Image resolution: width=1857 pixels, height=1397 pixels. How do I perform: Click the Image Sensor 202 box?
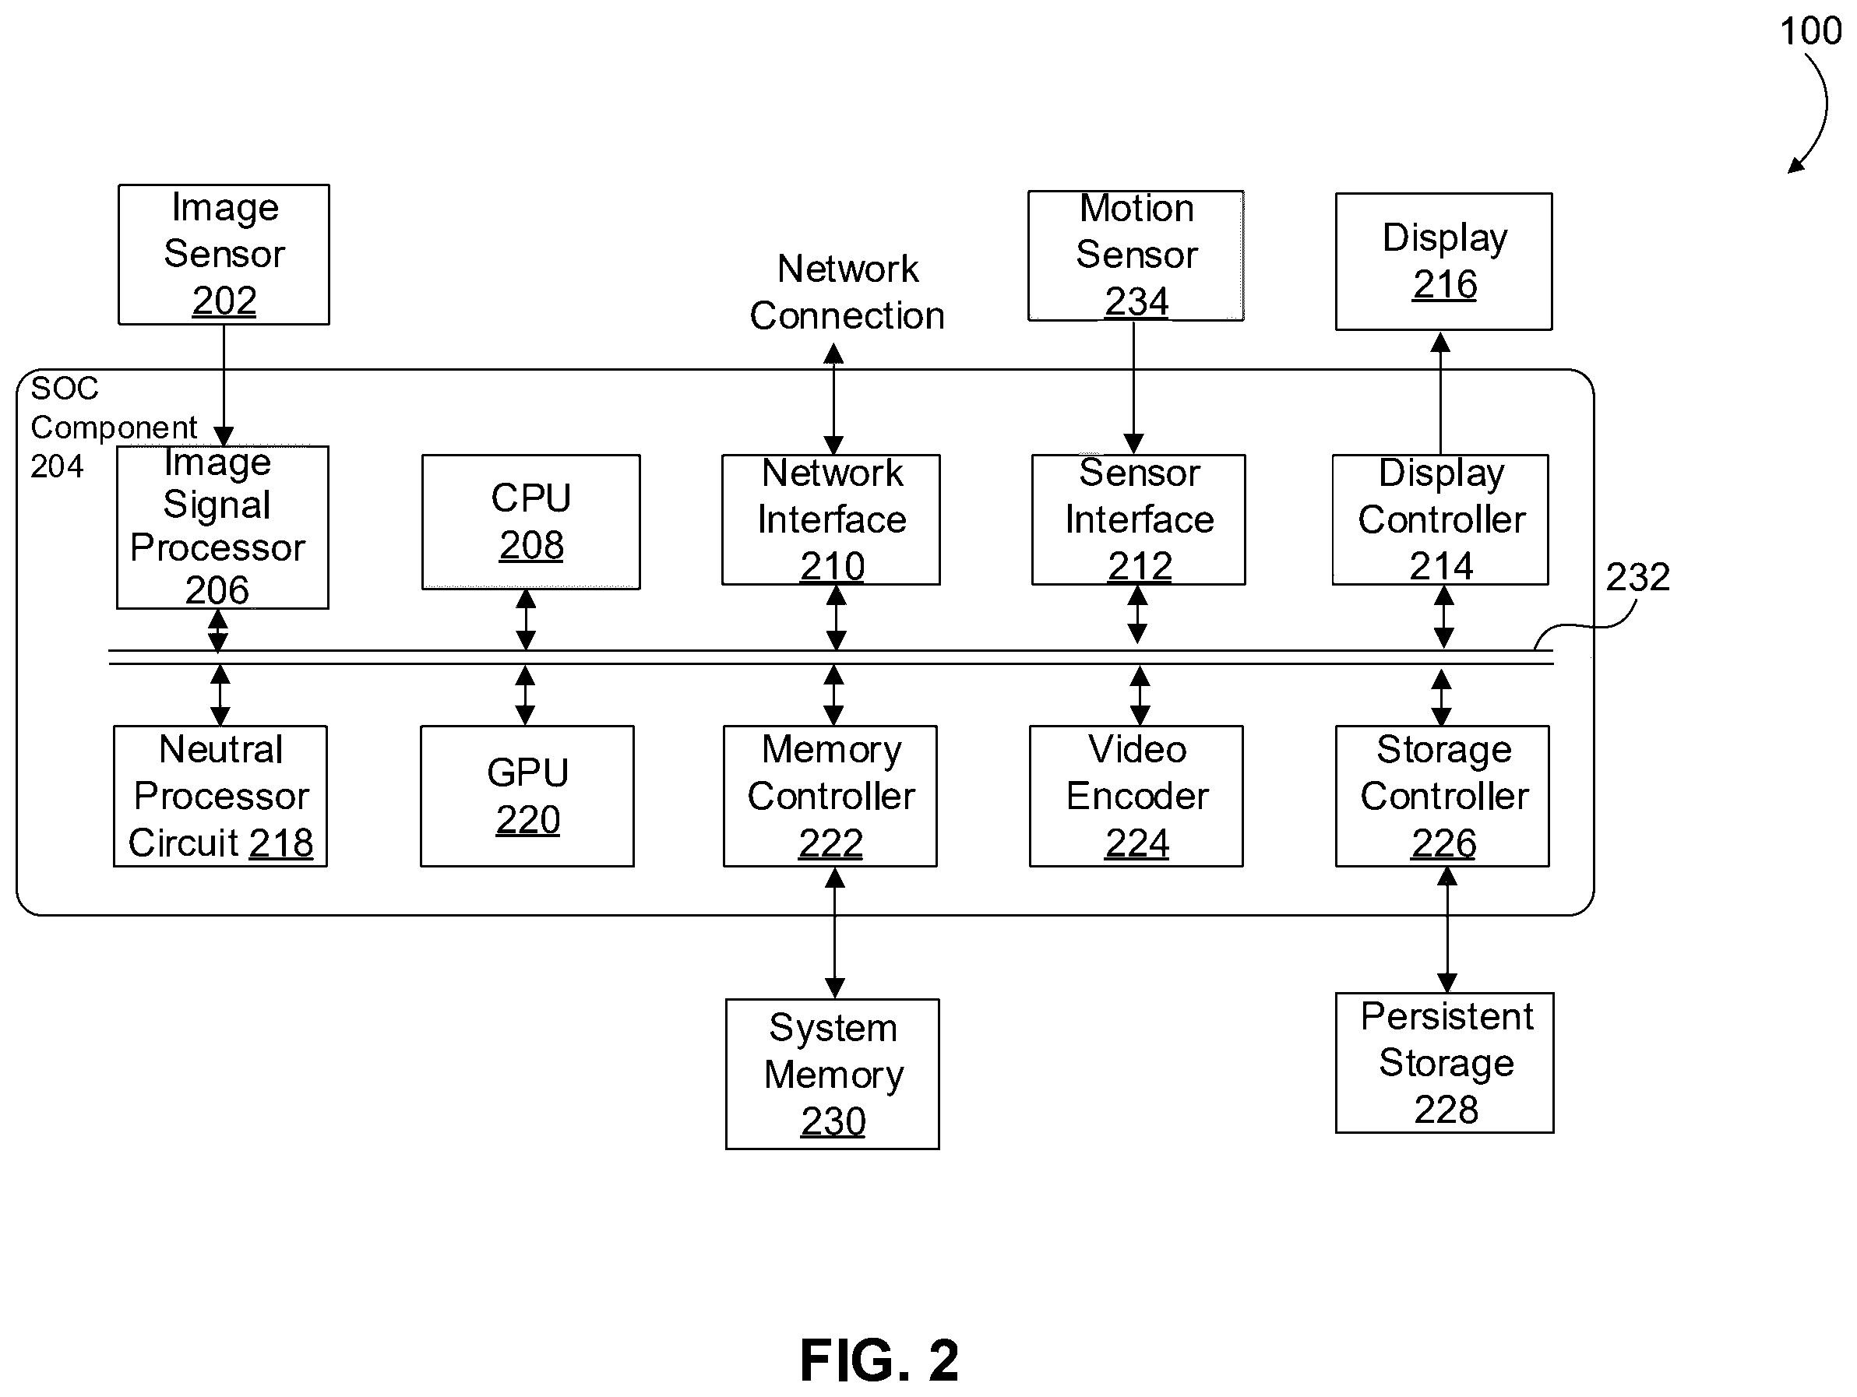click(x=224, y=254)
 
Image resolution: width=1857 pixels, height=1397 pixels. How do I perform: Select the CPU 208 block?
click(x=530, y=522)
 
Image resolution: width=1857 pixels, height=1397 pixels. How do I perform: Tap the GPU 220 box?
click(x=527, y=795)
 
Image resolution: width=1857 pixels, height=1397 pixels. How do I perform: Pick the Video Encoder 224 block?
click(x=1136, y=795)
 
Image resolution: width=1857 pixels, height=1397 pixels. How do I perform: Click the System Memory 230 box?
click(x=832, y=1073)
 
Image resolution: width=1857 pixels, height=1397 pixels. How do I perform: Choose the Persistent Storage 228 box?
click(x=1444, y=1062)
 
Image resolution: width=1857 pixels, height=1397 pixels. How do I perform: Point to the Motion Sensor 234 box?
click(x=1136, y=255)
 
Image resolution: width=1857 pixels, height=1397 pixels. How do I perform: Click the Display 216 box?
click(x=1443, y=261)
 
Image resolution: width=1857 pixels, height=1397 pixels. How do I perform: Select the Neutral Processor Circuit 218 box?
click(x=220, y=795)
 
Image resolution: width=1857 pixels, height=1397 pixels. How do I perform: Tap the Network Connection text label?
click(x=847, y=292)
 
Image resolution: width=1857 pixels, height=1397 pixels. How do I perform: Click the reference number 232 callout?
click(x=1637, y=577)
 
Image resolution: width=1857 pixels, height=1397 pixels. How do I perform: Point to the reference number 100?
click(x=1810, y=31)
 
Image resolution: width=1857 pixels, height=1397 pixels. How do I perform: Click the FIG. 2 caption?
click(x=879, y=1360)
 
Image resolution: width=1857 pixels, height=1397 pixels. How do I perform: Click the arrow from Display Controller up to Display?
click(x=1440, y=392)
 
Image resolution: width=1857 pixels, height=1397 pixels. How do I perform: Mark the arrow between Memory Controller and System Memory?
click(x=834, y=933)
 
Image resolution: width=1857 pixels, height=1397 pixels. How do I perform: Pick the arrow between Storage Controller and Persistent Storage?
click(x=1446, y=930)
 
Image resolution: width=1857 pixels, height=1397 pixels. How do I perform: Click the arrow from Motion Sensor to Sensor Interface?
click(x=1133, y=388)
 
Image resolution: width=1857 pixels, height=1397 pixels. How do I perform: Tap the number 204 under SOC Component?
click(x=57, y=466)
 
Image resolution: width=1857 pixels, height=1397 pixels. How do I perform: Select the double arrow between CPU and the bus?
click(x=526, y=620)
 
